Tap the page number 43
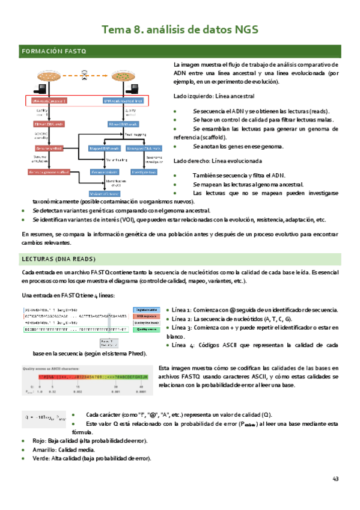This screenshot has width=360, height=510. pos(335,479)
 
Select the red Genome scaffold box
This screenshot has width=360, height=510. pos(49,148)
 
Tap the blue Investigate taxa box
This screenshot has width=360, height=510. pos(144,172)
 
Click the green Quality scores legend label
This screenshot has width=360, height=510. pos(147,330)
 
